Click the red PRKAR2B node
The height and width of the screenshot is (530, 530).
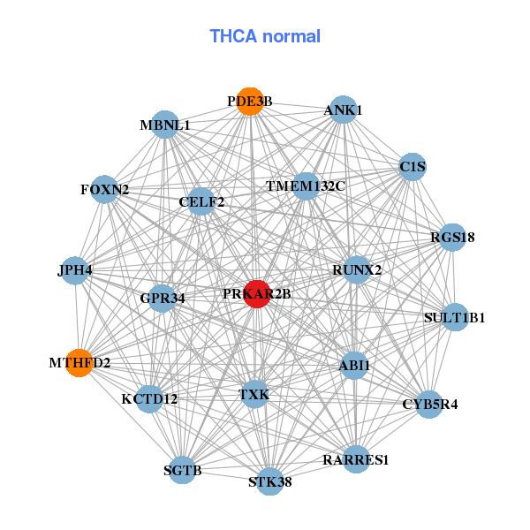(x=256, y=294)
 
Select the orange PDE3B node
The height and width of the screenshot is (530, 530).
(x=250, y=102)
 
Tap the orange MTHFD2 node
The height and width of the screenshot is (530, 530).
(x=79, y=362)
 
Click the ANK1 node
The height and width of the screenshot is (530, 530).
(x=343, y=110)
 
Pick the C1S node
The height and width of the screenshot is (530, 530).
(x=413, y=166)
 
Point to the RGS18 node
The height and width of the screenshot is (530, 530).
(x=452, y=237)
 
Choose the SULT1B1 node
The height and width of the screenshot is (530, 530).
(x=454, y=317)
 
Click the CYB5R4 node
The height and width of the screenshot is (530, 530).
(x=429, y=405)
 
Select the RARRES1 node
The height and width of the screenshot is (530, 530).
(x=356, y=459)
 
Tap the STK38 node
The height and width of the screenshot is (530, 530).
(x=270, y=481)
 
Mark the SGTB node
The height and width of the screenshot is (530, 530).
(x=183, y=470)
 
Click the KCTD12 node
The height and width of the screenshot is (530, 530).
(x=149, y=398)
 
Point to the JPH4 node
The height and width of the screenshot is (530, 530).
(x=75, y=270)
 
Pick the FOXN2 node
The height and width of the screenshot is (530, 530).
(x=104, y=190)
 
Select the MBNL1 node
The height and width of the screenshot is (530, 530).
(x=164, y=125)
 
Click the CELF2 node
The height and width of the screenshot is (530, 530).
(x=201, y=202)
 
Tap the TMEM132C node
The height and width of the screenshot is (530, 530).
(x=306, y=186)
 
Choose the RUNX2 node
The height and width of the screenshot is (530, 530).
(x=357, y=269)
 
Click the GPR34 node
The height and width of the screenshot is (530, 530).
(x=162, y=298)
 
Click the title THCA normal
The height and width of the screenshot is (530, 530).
(x=264, y=36)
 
